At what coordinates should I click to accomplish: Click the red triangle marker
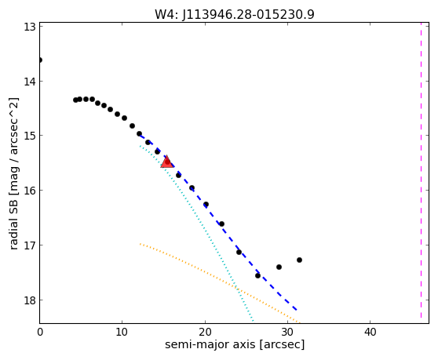point(167,162)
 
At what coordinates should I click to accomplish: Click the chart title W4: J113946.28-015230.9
point(235,15)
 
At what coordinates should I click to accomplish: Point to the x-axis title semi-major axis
point(210,344)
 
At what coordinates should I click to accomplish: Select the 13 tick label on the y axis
point(30,27)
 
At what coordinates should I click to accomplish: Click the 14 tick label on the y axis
point(30,82)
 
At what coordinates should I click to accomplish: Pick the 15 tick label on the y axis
point(30,136)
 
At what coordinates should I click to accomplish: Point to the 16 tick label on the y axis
point(30,191)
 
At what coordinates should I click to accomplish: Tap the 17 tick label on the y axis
point(30,245)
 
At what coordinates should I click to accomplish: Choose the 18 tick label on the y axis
point(30,300)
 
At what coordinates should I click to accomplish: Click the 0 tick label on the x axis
point(40,332)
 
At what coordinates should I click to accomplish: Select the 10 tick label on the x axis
point(122,332)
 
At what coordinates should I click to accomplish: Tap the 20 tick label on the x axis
point(205,332)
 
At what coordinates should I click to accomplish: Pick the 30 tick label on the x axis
point(288,332)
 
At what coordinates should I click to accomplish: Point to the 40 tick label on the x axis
point(370,332)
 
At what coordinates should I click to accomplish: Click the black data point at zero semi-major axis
point(40,60)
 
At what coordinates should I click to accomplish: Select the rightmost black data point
point(299,260)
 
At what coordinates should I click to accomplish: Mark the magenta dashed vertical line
point(422,171)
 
